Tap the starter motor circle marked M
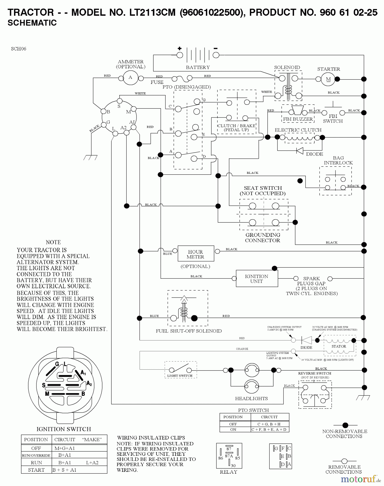[328, 79]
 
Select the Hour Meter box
[196, 254]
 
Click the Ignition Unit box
[257, 279]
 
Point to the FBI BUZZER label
[298, 119]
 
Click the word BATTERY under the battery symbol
[198, 67]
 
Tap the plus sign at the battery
[180, 49]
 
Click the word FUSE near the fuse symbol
[157, 82]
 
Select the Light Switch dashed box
[180, 370]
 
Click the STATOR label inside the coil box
[339, 346]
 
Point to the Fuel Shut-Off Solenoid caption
[189, 331]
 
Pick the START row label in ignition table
[36, 470]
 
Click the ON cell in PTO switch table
[233, 429]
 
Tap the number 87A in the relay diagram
[229, 456]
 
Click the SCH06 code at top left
[19, 49]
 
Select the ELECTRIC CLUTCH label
[298, 130]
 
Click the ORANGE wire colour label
[242, 349]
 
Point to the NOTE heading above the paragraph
[53, 242]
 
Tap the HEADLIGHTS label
[251, 399]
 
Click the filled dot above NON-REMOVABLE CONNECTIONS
[345, 426]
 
